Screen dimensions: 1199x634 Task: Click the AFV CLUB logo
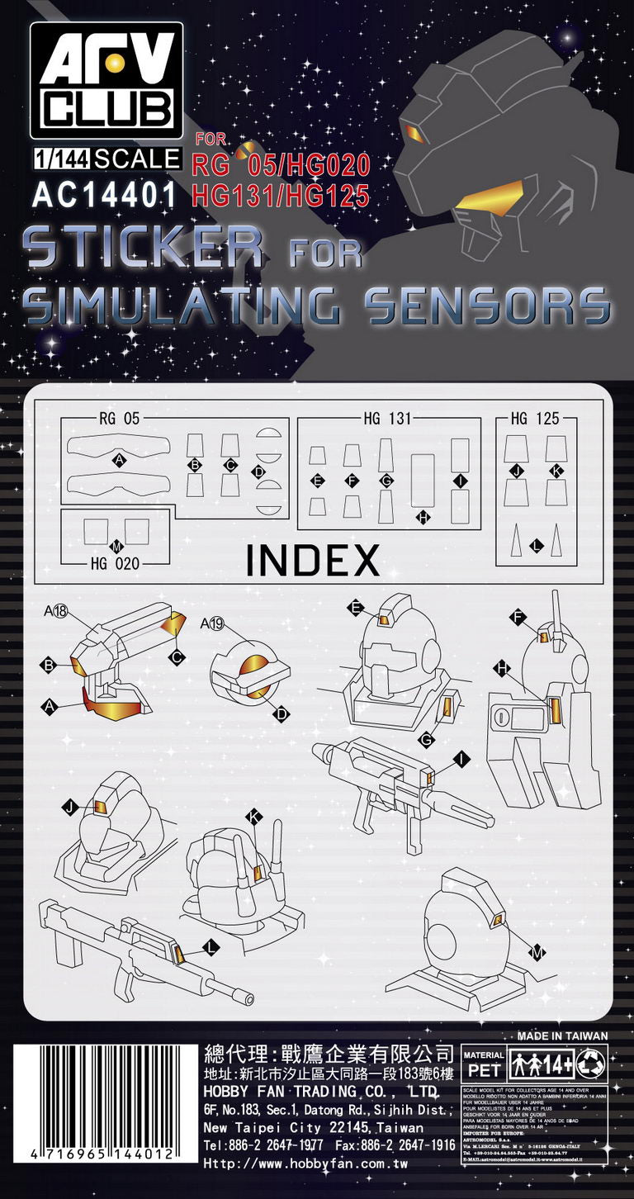coord(106,80)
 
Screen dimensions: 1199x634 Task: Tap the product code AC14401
coord(105,193)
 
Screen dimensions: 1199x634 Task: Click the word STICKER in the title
coord(145,245)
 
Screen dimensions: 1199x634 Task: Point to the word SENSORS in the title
coord(487,306)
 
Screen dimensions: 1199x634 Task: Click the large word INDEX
coord(313,561)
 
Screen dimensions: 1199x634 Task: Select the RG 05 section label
coord(120,419)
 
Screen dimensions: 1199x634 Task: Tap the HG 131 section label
coord(386,419)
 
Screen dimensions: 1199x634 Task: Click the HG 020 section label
coord(114,564)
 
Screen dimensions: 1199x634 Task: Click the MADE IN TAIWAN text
coord(562,1035)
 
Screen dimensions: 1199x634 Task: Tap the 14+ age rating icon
coord(545,1064)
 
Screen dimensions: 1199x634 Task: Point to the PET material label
coord(484,1065)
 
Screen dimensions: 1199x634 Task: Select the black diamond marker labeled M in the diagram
coord(538,953)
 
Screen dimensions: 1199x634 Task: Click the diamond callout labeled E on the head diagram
coord(355,609)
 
